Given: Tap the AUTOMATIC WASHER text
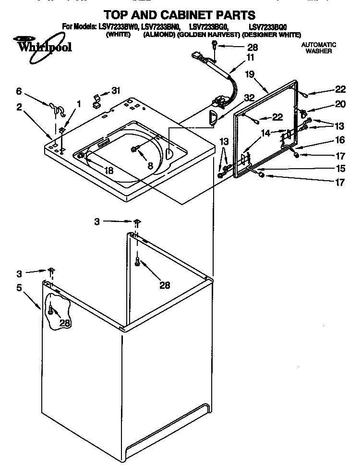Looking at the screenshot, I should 318,48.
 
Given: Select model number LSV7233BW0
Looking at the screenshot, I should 119,27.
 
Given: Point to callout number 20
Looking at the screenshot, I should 340,104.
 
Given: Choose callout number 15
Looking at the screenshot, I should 340,168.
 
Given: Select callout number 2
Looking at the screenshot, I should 19,108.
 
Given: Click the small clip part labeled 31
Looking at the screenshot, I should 96,99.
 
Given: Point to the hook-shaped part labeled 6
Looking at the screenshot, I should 57,108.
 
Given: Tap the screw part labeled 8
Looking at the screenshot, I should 135,150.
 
